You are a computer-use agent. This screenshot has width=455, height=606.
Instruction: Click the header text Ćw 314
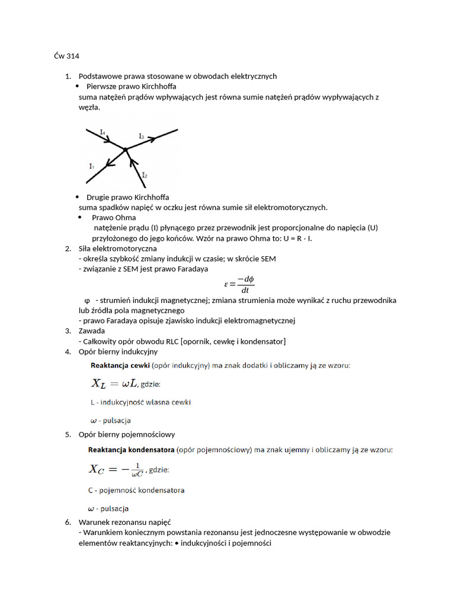pos(66,56)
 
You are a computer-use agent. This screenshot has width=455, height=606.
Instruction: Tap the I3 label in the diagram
pos(142,136)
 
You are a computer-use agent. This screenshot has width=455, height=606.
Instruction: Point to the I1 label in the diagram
pos(91,166)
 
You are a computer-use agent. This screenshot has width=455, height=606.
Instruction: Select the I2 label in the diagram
pos(145,175)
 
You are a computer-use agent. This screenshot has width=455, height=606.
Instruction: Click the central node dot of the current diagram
pos(126,150)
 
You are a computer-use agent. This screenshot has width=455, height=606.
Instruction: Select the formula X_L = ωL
pos(114,383)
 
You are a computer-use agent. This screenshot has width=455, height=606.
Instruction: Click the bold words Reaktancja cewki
pos(120,366)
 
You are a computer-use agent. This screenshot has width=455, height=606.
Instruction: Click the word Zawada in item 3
pos(91,331)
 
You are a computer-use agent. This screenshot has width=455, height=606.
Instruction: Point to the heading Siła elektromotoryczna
pos(117,249)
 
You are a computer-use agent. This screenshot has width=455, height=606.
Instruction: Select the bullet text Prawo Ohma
pos(114,218)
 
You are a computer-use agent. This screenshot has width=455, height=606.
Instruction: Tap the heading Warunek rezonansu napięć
pos(124,522)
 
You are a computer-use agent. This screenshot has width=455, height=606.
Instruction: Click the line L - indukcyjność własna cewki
pos(140,402)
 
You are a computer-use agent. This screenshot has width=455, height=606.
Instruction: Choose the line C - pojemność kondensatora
pos(136,490)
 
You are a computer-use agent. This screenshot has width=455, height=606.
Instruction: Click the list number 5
pos(68,434)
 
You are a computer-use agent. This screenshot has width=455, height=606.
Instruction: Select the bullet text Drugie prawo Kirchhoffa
pos(128,197)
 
